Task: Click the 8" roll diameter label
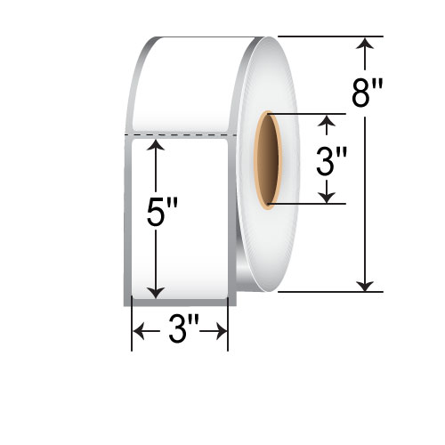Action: [x=367, y=93]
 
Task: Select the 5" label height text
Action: [x=162, y=213]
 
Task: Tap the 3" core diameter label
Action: [x=331, y=162]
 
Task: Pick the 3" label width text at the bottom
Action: [x=183, y=329]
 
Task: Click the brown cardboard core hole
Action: [x=268, y=160]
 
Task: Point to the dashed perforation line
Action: [x=181, y=135]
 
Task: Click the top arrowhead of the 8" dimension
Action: [x=365, y=42]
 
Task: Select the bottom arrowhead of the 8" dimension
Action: [x=365, y=287]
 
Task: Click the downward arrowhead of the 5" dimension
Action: [x=156, y=293]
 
